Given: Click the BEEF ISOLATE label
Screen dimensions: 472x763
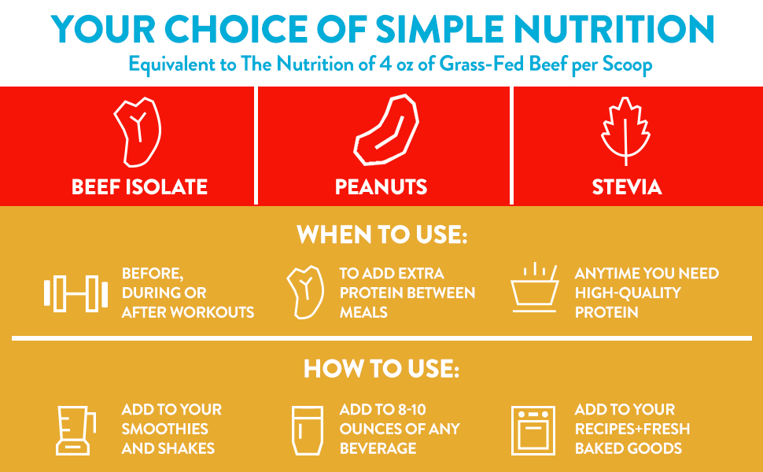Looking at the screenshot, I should pyautogui.click(x=139, y=187).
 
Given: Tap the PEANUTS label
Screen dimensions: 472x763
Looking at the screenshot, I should pyautogui.click(x=381, y=187).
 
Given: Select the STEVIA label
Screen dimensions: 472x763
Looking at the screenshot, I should pyautogui.click(x=626, y=187).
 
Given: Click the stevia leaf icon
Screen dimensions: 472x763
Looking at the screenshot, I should pyautogui.click(x=625, y=131).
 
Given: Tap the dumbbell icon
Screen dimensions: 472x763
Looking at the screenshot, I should pyautogui.click(x=76, y=293).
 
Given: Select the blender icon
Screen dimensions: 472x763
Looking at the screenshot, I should pyautogui.click(x=76, y=430).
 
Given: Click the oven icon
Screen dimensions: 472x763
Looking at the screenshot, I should pyautogui.click(x=533, y=430).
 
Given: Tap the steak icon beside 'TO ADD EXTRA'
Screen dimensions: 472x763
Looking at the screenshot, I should pyautogui.click(x=305, y=292).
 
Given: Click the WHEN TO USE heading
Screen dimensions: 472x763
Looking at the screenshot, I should pyautogui.click(x=381, y=234).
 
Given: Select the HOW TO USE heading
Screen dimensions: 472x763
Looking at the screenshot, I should pyautogui.click(x=381, y=370).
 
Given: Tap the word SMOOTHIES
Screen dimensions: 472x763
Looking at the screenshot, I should pyautogui.click(x=165, y=430).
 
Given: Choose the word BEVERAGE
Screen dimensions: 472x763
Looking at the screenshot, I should pyautogui.click(x=378, y=448).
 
